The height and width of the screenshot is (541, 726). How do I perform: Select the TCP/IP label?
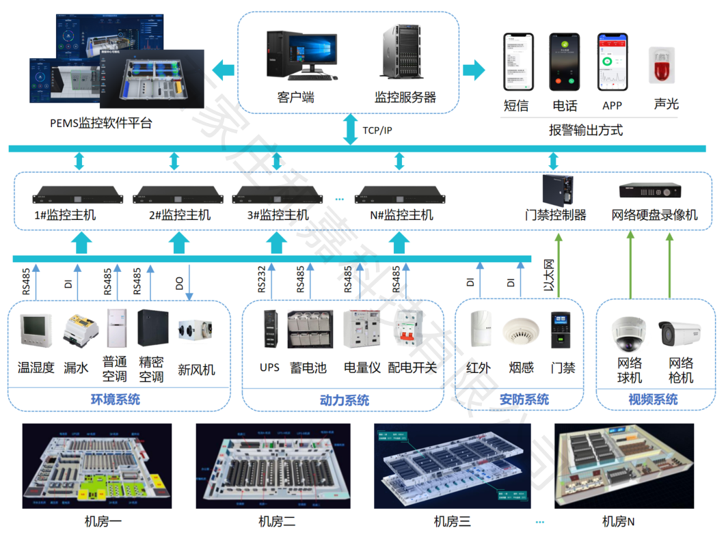coord(377,130)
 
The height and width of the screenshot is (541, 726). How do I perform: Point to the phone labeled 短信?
coord(517,61)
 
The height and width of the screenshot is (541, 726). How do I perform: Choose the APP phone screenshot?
coord(612,61)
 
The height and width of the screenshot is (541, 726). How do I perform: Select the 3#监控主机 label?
coord(277,215)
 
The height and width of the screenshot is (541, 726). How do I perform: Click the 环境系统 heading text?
coord(116,400)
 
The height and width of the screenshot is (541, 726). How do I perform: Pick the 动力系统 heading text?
coord(344,400)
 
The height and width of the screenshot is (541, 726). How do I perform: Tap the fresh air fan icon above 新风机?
coord(196,331)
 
